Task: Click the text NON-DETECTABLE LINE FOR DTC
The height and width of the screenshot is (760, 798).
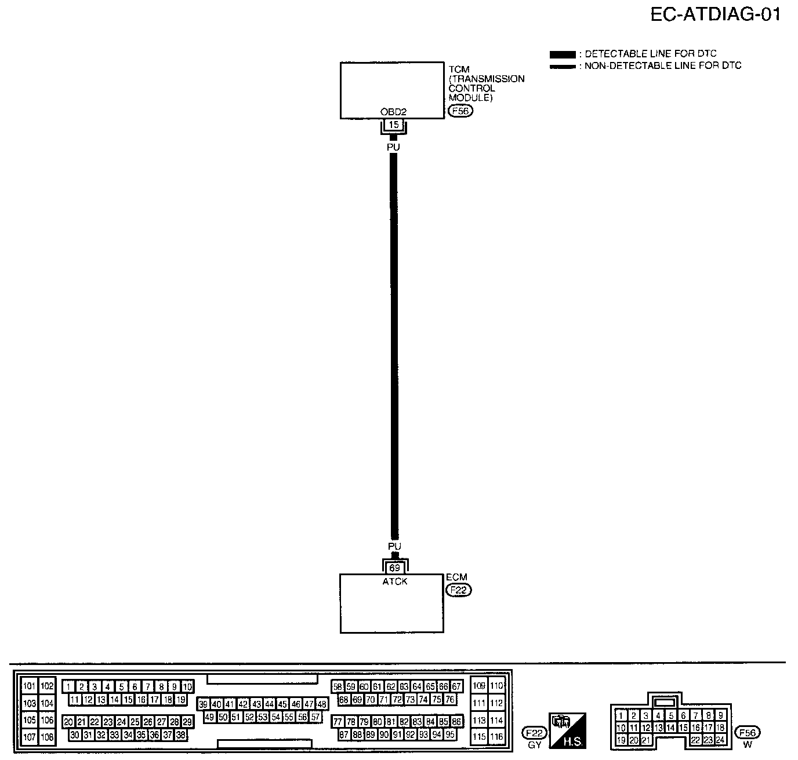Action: tap(663, 66)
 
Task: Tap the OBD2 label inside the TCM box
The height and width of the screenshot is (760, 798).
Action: tap(393, 112)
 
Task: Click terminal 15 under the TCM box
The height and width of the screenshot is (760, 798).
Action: tap(393, 125)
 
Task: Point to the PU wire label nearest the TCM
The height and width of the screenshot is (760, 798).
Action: tap(393, 147)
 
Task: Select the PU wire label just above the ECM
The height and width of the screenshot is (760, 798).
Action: tap(394, 546)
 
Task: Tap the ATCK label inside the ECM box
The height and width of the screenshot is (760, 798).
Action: tap(395, 581)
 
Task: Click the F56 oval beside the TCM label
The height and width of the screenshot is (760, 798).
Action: tap(461, 111)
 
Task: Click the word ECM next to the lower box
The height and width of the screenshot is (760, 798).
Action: tap(456, 578)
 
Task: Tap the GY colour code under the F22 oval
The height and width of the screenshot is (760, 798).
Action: tap(534, 744)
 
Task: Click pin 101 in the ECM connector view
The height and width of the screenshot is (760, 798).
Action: tap(29, 686)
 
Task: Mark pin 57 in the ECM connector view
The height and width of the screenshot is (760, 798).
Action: tap(315, 717)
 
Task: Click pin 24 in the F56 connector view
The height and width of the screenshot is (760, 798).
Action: tap(720, 740)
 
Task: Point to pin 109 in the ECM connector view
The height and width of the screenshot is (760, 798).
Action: tap(479, 686)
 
